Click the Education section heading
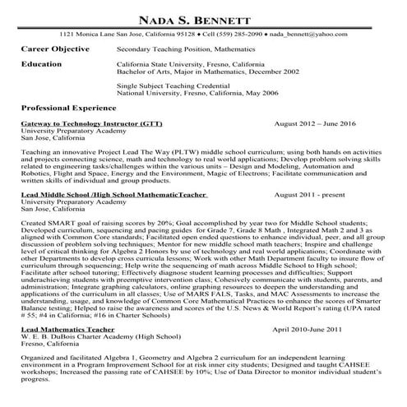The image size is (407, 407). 42,62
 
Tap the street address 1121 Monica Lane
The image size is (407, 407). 94,35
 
